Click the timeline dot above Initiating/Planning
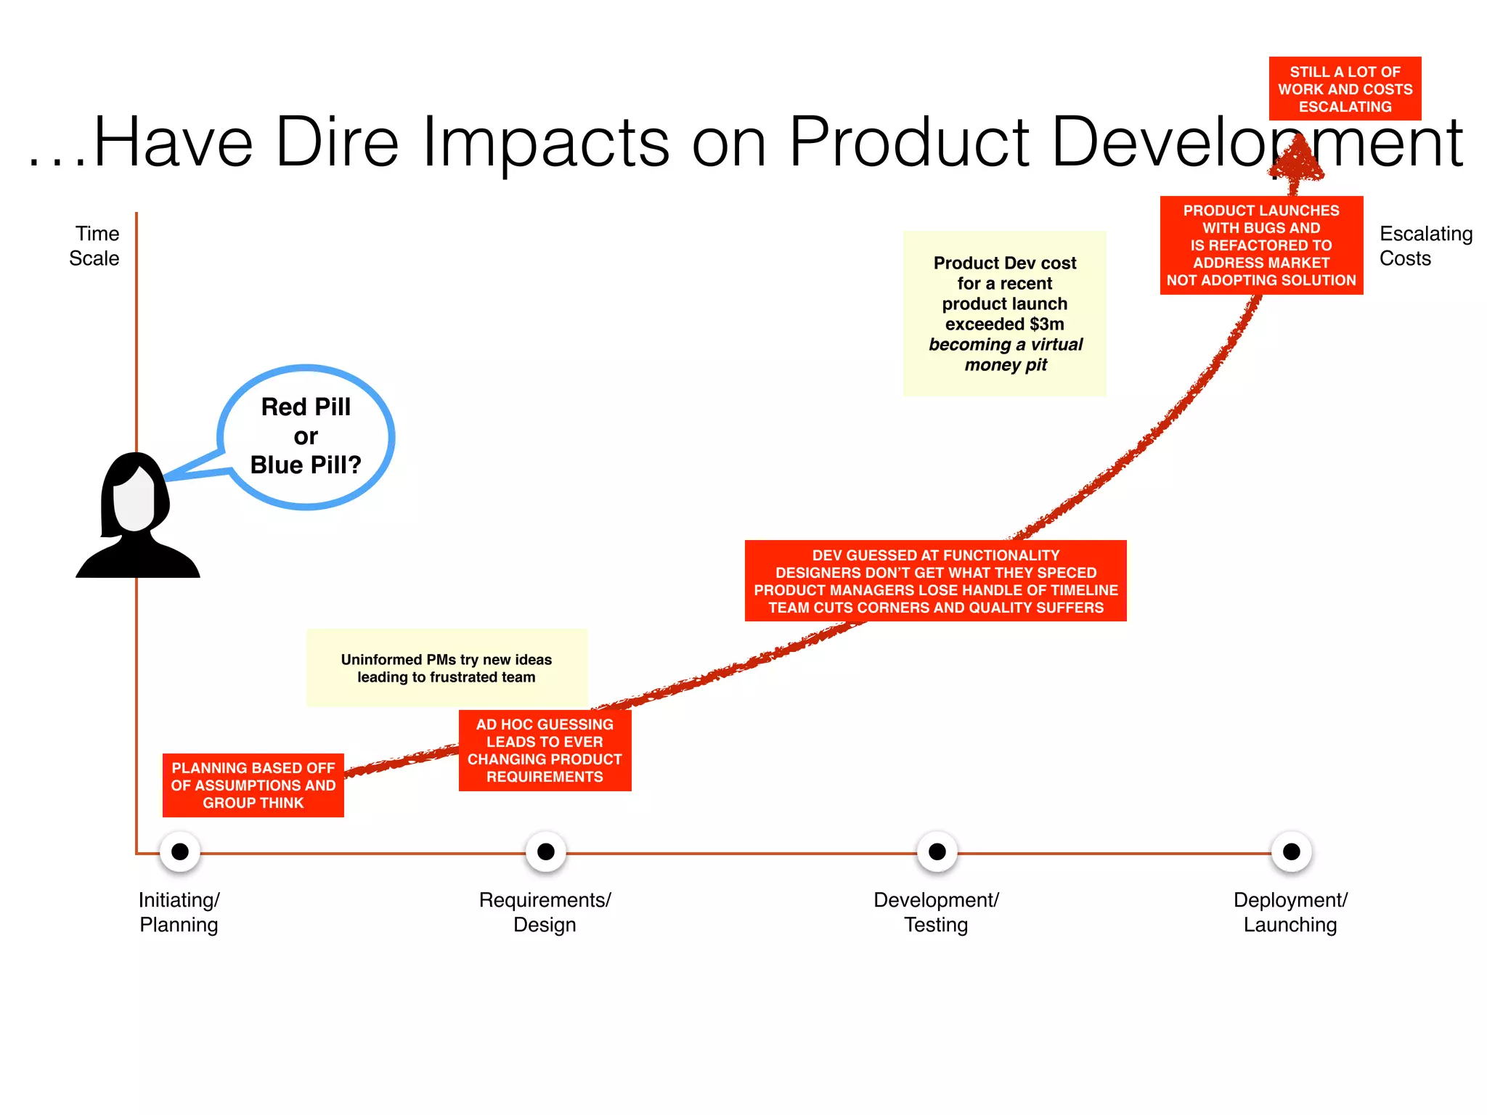click(x=180, y=851)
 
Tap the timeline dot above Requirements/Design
click(x=546, y=851)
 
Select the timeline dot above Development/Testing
click(x=937, y=851)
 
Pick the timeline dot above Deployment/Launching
click(x=1292, y=851)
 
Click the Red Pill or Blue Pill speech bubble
click(x=306, y=436)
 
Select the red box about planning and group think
click(x=253, y=785)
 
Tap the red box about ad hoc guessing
click(x=545, y=751)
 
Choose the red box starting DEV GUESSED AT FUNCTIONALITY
click(x=935, y=581)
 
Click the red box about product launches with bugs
click(x=1261, y=245)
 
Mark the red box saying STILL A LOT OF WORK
click(x=1345, y=89)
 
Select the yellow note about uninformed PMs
click(x=447, y=668)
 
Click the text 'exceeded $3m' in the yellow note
click(x=1005, y=324)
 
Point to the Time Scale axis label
click(x=95, y=246)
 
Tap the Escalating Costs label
click(x=1425, y=246)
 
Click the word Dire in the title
click(x=337, y=142)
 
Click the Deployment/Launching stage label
click(x=1290, y=912)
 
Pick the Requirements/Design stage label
click(x=545, y=912)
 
